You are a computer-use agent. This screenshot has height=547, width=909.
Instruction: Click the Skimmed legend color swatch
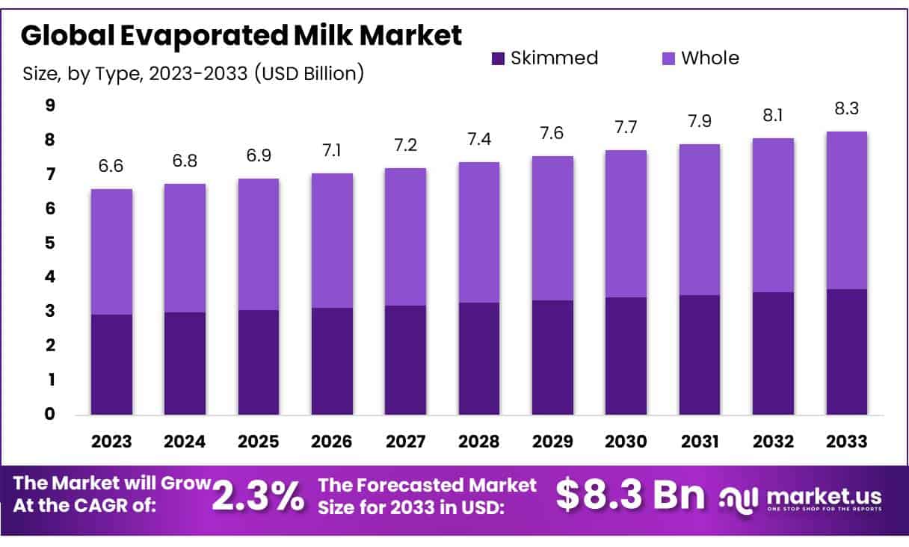coord(498,58)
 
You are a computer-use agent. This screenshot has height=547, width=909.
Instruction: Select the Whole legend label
coord(709,58)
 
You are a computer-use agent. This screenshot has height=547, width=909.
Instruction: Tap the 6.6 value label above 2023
coord(111,167)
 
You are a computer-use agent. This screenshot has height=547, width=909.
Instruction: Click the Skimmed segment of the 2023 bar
coord(111,365)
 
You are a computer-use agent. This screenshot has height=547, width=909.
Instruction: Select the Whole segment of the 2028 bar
coord(478,232)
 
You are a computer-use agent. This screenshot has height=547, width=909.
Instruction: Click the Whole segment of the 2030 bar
coord(626,224)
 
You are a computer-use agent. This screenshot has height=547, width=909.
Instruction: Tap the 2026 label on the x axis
coord(332,442)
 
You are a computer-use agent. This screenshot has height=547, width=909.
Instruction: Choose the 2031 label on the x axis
coord(699,442)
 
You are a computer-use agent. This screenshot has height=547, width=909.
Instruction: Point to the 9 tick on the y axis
coord(51,106)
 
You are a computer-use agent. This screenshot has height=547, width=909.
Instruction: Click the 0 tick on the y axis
coord(51,414)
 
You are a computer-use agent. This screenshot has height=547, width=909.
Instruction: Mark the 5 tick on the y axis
coord(51,243)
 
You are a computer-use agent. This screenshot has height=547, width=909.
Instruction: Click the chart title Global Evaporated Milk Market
coord(241,35)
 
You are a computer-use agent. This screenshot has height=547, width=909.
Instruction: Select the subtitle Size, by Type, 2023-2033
coord(194,73)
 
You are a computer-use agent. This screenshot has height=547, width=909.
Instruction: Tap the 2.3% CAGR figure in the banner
coord(258,495)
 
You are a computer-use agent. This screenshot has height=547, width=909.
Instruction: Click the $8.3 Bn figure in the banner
coord(630,495)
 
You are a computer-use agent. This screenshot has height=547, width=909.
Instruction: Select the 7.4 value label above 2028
coord(478,140)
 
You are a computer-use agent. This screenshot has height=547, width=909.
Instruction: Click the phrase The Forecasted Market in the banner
coord(428,485)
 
